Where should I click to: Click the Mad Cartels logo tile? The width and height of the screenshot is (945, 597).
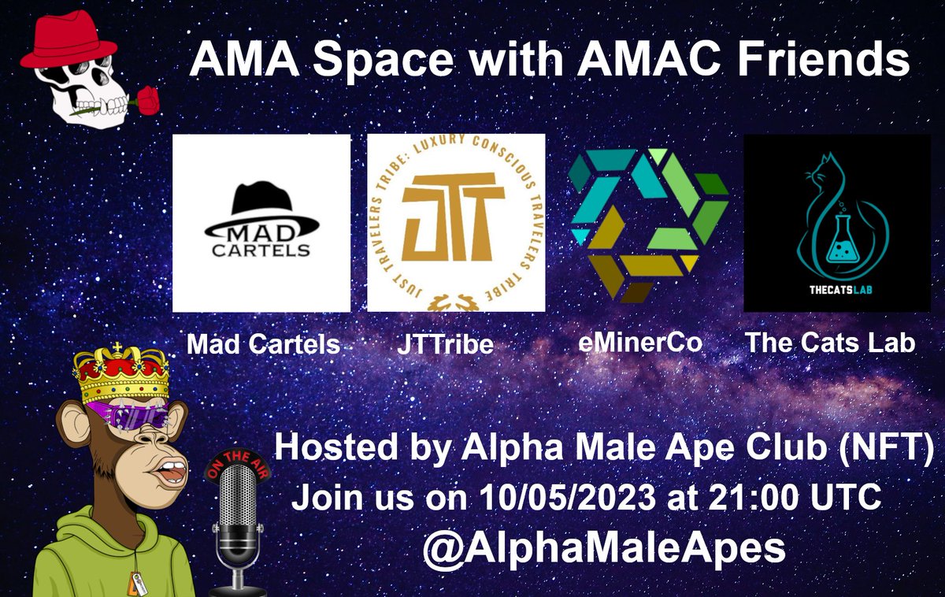[261, 223]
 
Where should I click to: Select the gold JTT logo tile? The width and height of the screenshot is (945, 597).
[456, 223]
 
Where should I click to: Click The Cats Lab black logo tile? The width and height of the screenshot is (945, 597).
[832, 223]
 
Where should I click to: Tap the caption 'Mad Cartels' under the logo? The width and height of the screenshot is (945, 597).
[262, 345]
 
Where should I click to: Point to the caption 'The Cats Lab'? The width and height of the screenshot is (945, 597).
[830, 343]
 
